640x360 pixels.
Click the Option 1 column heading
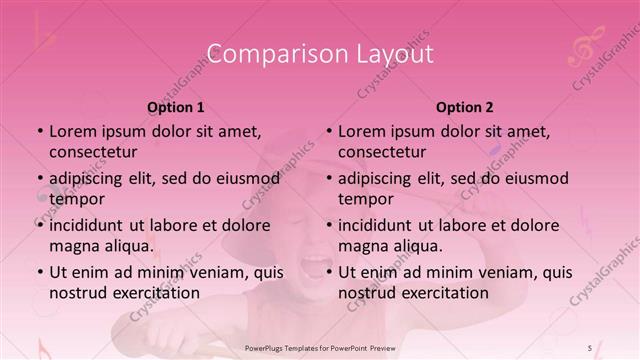176,107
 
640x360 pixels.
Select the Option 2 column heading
465,107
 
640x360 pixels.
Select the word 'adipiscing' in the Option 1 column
89,178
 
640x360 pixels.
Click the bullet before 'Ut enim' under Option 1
40,272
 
